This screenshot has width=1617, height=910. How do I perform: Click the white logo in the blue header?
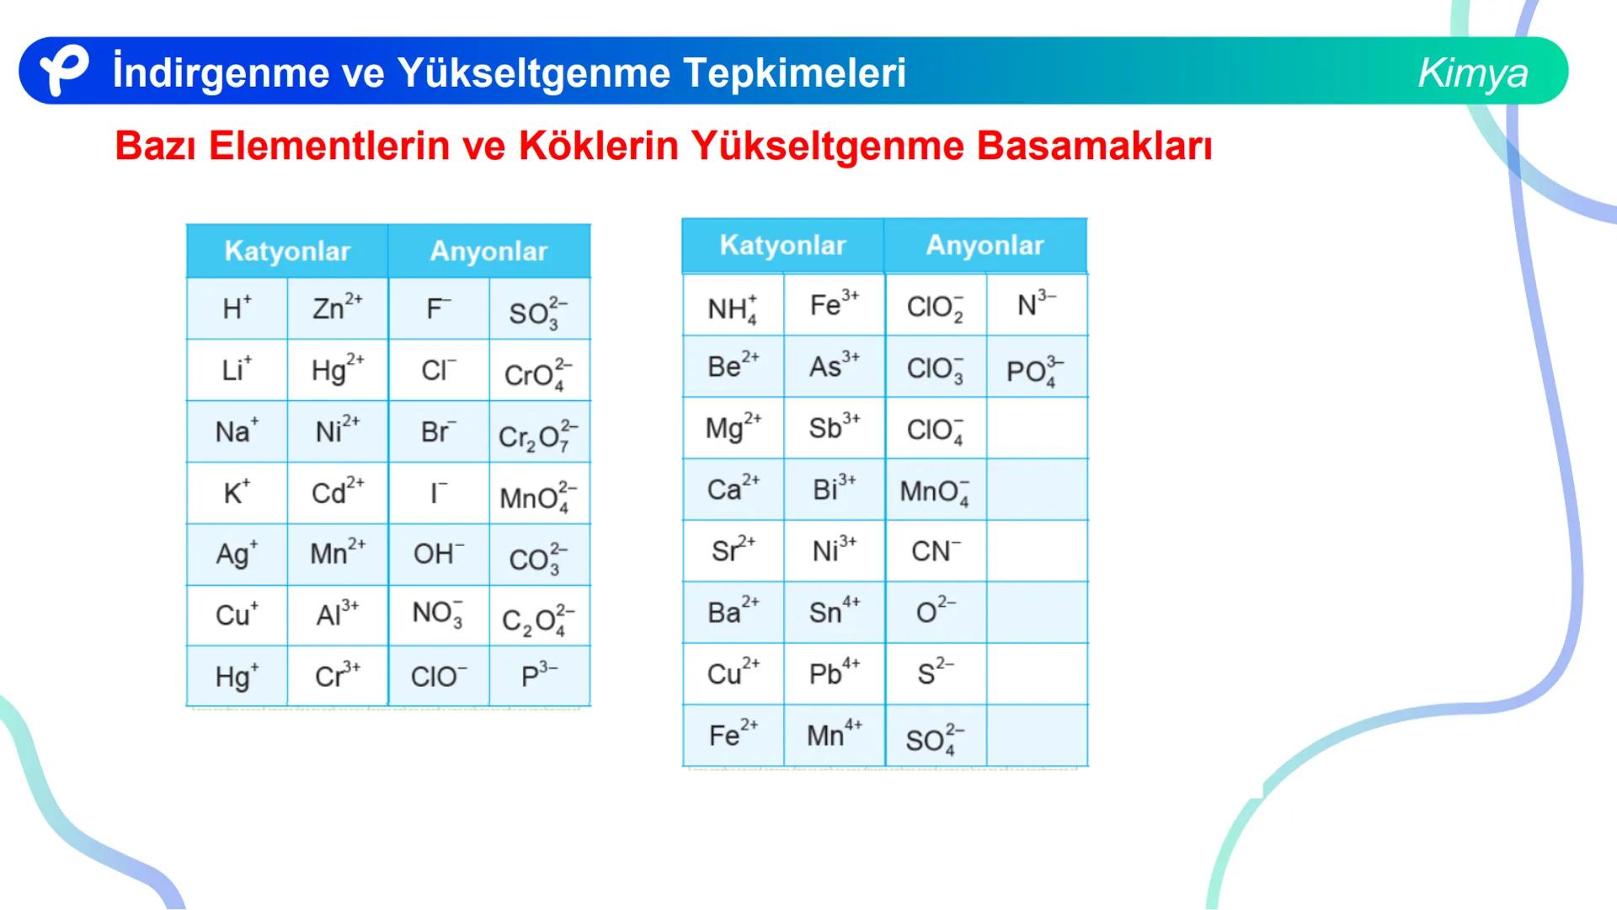64,71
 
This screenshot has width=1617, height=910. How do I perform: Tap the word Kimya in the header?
1472,72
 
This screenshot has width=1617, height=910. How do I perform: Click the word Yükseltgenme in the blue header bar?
532,72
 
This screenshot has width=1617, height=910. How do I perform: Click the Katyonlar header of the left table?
287,251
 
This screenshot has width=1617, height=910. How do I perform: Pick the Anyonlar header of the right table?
985,245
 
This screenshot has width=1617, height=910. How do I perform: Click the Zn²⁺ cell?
337,308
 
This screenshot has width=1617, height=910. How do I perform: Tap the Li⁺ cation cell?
237,370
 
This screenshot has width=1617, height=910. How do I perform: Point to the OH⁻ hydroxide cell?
438,554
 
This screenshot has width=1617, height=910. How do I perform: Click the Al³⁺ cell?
337,614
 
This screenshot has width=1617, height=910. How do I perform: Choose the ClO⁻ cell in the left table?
438,677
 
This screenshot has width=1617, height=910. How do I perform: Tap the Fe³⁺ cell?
834,304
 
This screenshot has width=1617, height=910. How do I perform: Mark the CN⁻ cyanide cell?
935,551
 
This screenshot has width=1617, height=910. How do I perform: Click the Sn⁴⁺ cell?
834,612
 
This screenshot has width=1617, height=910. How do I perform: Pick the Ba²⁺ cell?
733,612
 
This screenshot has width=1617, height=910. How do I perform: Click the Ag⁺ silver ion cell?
237,554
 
